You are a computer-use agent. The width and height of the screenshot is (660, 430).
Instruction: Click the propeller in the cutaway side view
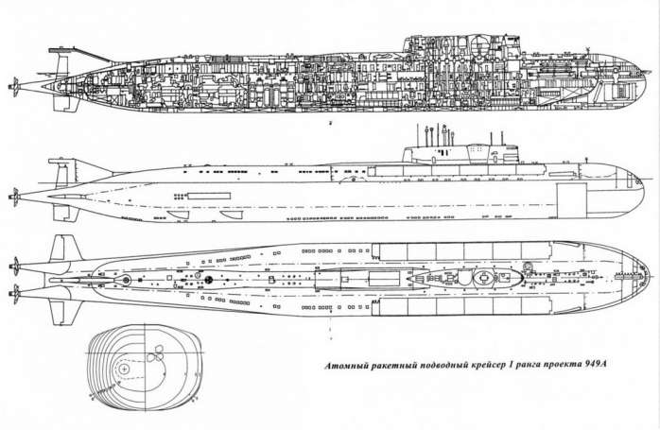(15, 87)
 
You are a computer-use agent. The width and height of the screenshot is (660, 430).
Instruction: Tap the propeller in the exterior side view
(15, 197)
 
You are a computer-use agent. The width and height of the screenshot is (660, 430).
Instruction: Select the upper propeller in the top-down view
(16, 267)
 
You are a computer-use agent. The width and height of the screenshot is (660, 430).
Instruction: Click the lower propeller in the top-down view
(16, 294)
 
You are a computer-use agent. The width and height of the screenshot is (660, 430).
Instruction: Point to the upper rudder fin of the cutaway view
(61, 64)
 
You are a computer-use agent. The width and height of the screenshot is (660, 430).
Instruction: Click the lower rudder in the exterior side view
(65, 213)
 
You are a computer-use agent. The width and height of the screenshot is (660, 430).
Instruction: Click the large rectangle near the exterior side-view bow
(572, 200)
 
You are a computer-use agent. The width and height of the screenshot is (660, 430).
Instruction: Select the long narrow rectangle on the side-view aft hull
(209, 196)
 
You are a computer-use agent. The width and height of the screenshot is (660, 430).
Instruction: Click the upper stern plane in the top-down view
(65, 249)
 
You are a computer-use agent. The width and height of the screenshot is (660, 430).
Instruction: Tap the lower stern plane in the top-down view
(64, 312)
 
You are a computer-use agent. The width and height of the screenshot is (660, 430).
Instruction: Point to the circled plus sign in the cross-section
(124, 369)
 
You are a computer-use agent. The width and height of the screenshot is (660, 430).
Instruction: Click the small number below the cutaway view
(331, 123)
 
